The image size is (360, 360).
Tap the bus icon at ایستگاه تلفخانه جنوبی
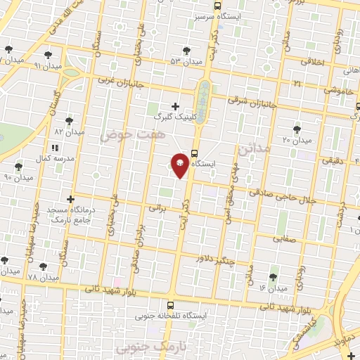pos(170,305)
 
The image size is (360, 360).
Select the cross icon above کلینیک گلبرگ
pos(175,106)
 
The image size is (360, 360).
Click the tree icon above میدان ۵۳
pos(186,51)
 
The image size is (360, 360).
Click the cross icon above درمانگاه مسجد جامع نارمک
pos(70,199)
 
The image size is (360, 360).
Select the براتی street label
pos(160,209)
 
